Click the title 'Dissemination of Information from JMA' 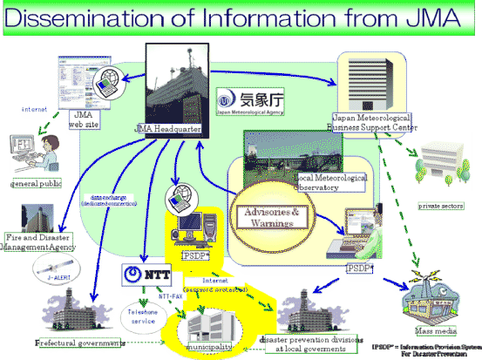(x=241, y=17)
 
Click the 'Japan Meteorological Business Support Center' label (x=375, y=123)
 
